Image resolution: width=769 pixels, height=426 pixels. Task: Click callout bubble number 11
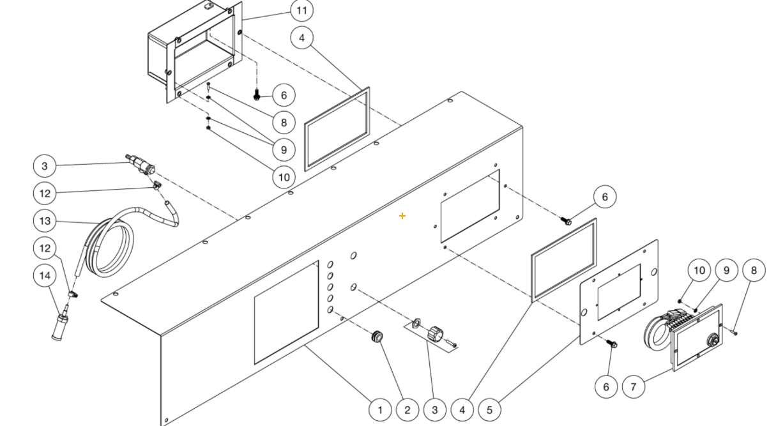pos(302,11)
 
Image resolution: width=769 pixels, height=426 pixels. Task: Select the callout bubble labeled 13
pos(45,220)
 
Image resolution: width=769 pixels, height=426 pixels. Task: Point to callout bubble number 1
pos(380,409)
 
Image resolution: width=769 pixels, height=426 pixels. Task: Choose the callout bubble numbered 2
pos(407,409)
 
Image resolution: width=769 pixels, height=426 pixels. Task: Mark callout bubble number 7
pos(633,386)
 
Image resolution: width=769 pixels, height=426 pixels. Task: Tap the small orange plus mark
pos(402,216)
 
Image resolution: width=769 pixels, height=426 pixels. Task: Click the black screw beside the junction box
pos(257,95)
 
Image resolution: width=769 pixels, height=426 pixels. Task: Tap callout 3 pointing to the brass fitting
pos(45,166)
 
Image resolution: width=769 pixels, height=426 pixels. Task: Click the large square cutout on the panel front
pos(286,312)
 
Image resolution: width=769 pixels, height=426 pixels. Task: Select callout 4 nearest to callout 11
pos(302,38)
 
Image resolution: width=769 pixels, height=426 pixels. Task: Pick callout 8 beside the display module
pos(754,270)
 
